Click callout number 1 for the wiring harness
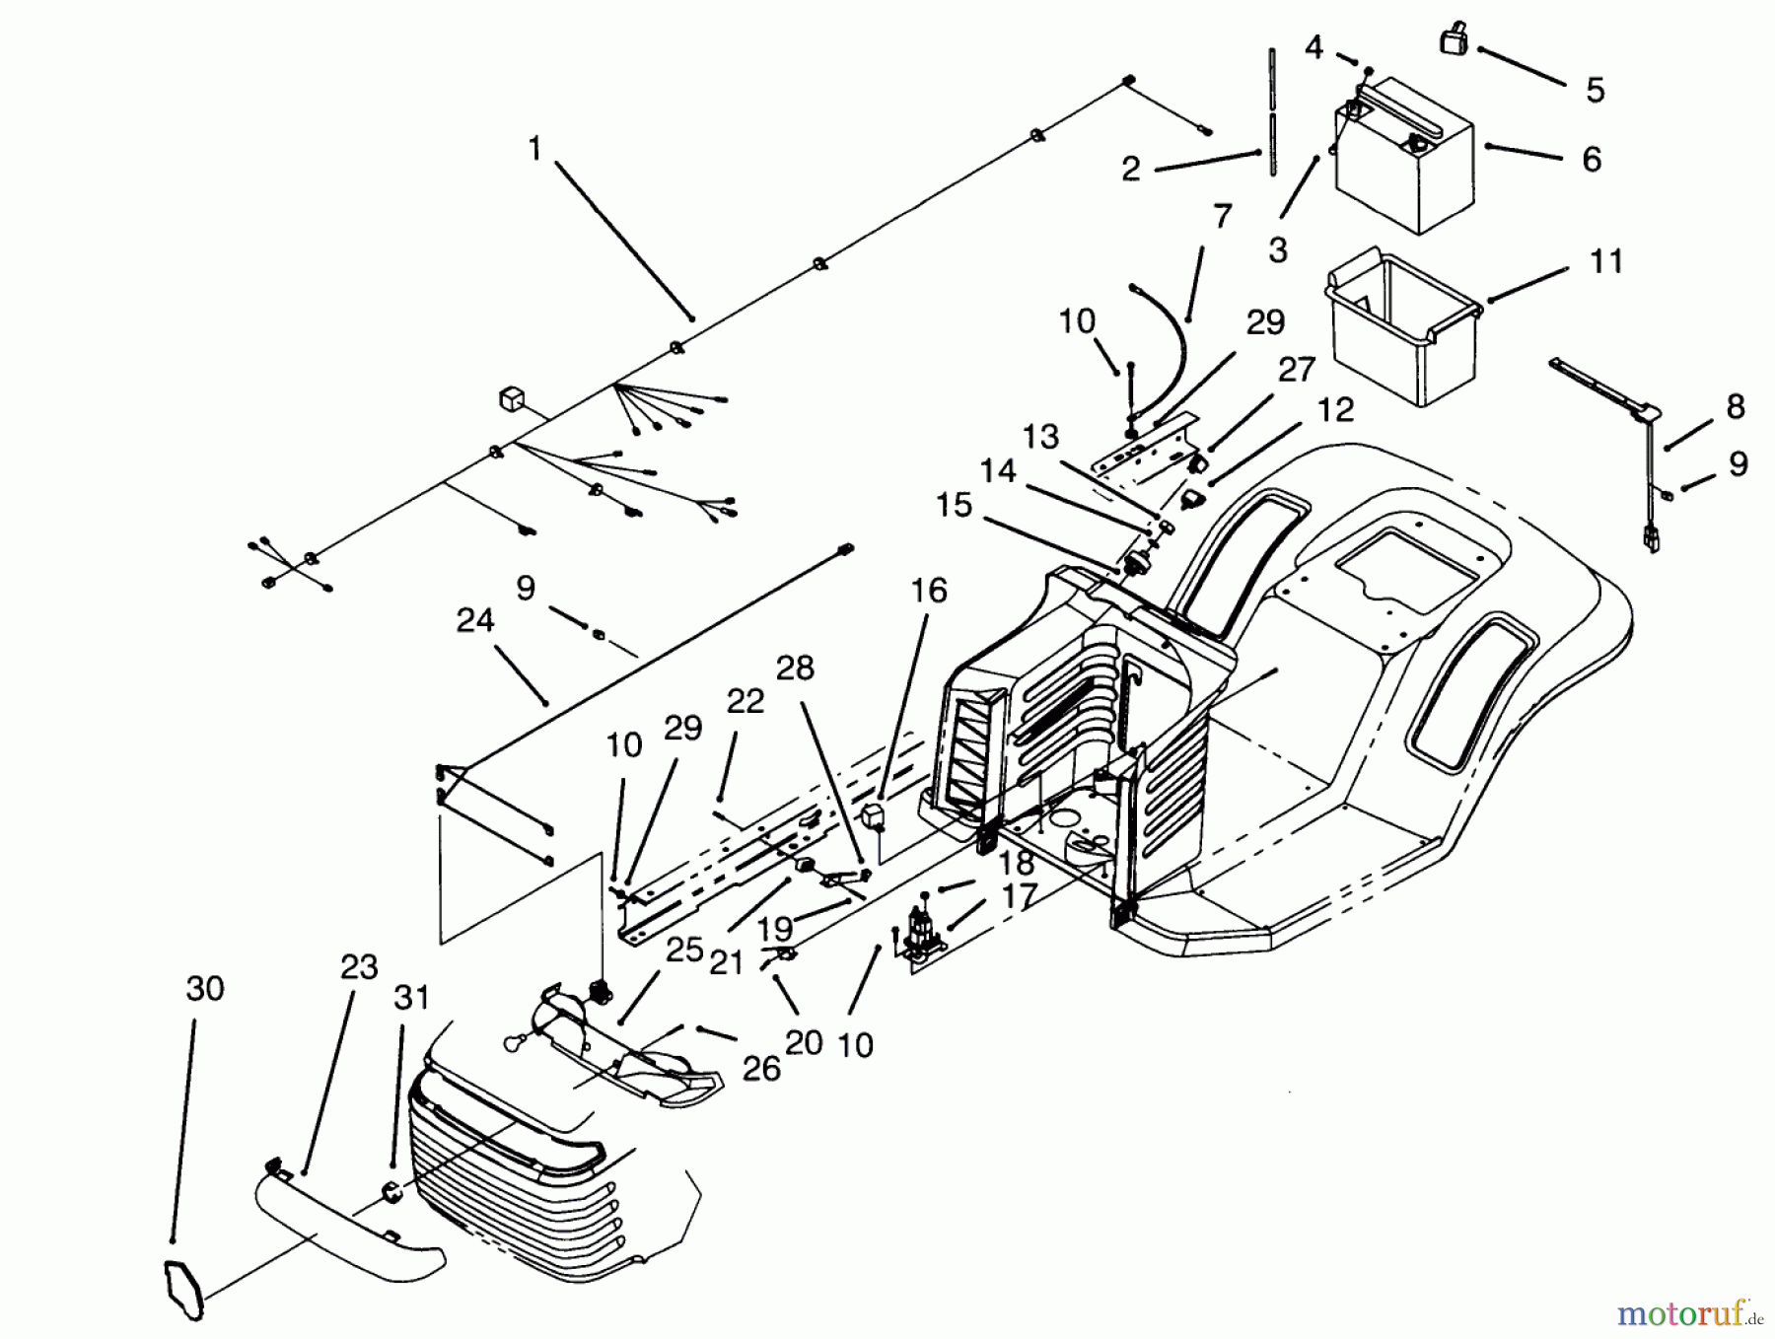pyautogui.click(x=534, y=150)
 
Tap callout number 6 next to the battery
pyautogui.click(x=1592, y=160)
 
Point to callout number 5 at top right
pyautogui.click(x=1596, y=90)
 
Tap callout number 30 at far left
pyautogui.click(x=205, y=988)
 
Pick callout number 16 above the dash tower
pyautogui.click(x=928, y=591)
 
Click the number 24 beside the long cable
pyautogui.click(x=475, y=621)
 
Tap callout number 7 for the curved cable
pyautogui.click(x=1222, y=216)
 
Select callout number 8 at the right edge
pyautogui.click(x=1735, y=406)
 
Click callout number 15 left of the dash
pyautogui.click(x=954, y=505)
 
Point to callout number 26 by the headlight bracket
pyautogui.click(x=760, y=1069)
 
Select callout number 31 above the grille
pyautogui.click(x=411, y=998)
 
